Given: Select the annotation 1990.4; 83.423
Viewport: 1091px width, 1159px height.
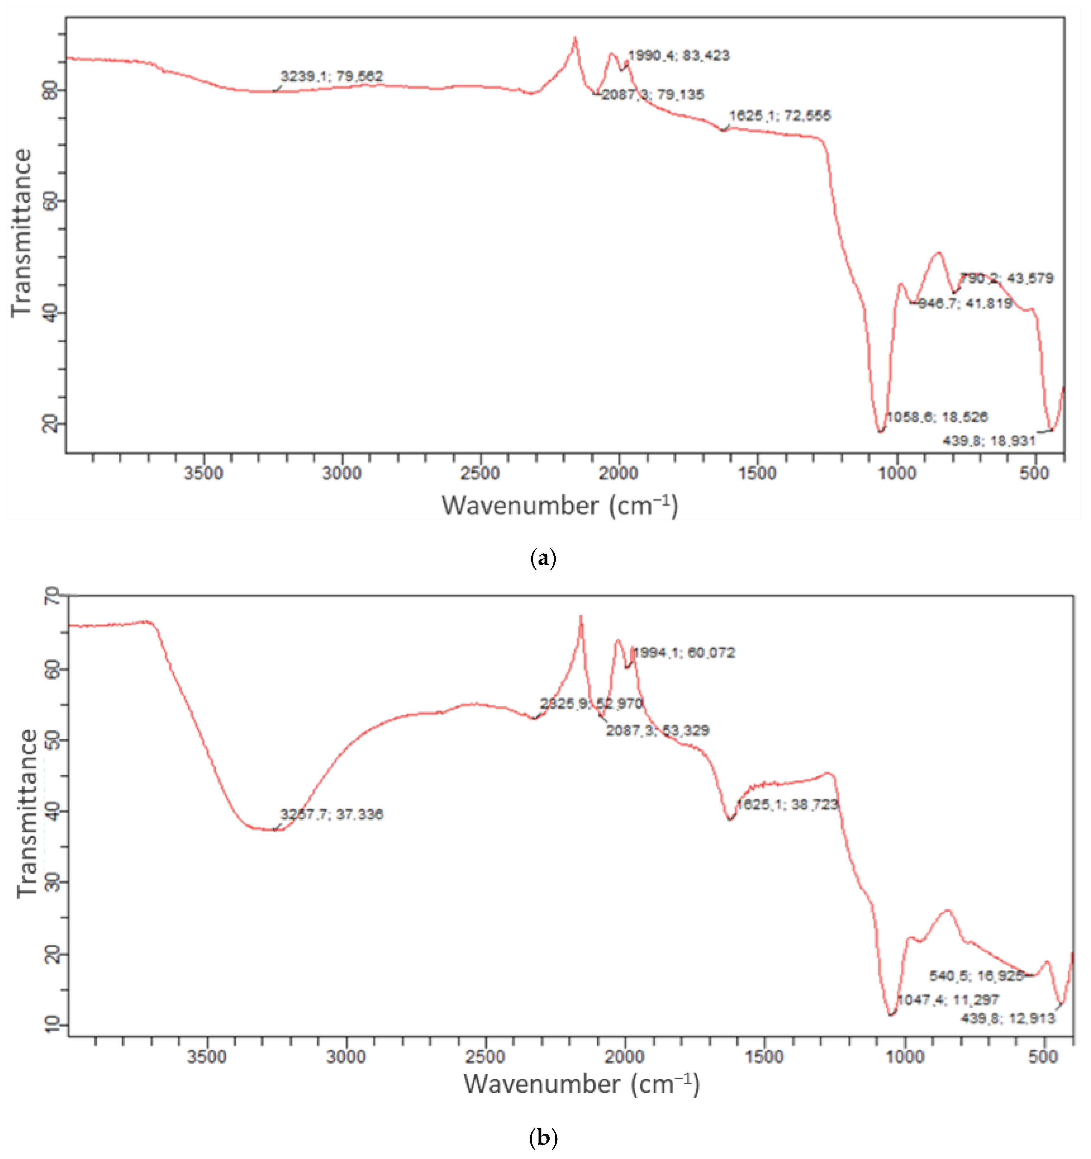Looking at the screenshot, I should [x=678, y=55].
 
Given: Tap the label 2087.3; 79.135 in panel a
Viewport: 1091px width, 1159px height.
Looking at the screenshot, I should [x=653, y=94].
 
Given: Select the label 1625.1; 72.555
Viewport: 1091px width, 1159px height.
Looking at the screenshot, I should [x=780, y=116].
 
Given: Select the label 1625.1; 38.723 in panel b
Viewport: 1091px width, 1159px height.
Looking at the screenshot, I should [x=787, y=804].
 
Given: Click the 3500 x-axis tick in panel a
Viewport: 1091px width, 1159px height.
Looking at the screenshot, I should [x=203, y=473].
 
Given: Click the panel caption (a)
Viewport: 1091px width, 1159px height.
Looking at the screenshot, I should [x=544, y=558].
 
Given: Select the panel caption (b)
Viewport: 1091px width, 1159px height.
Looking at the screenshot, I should [x=544, y=1137].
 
